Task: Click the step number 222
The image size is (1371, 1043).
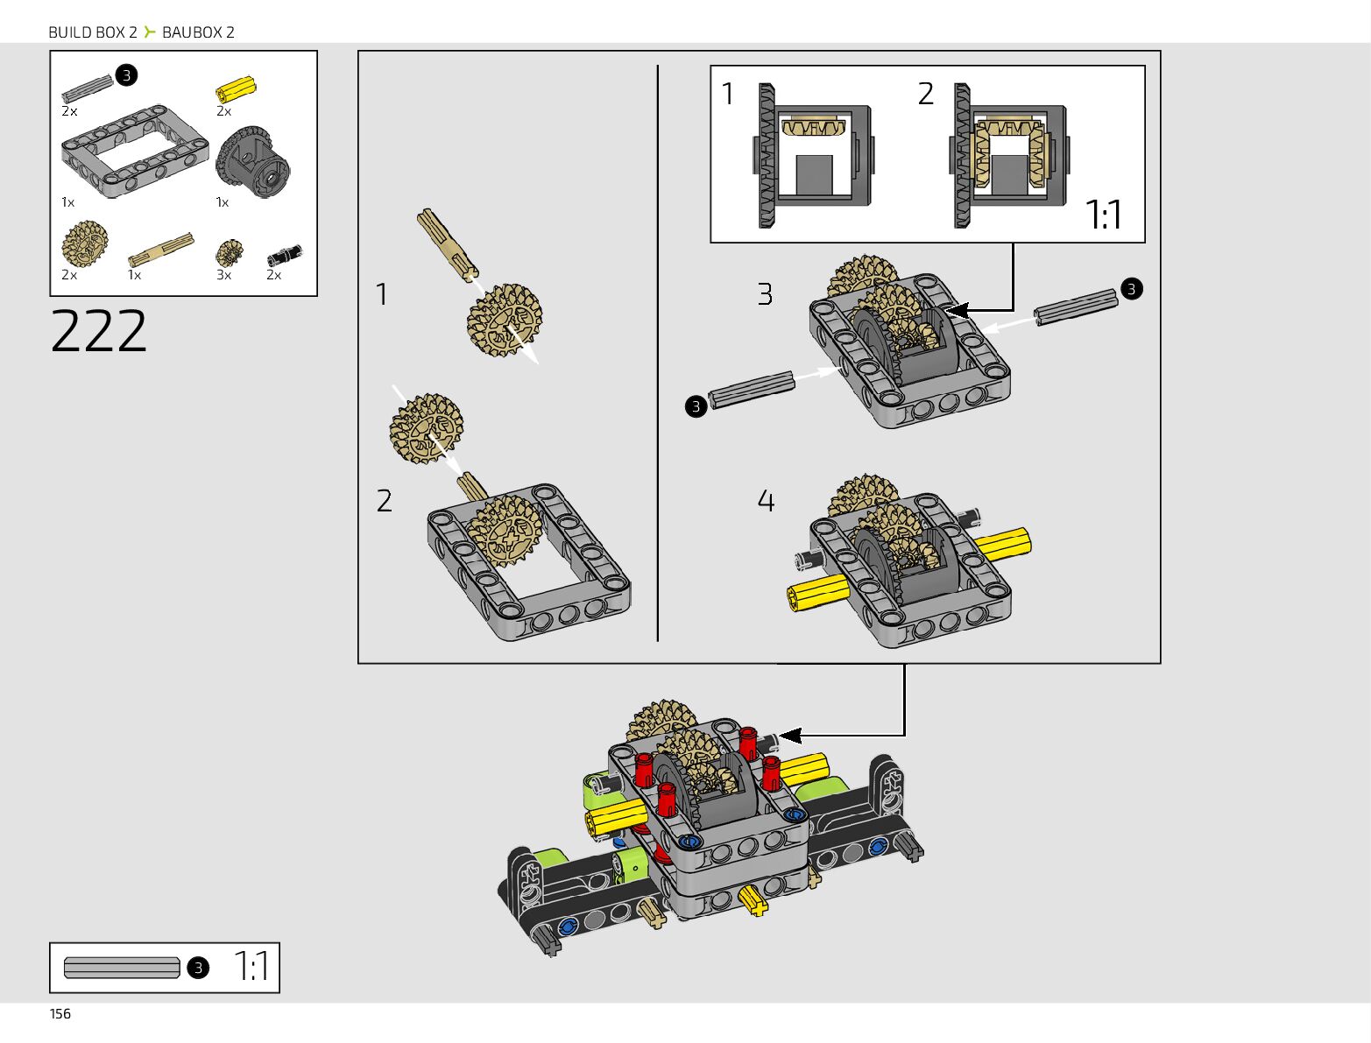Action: pos(99,331)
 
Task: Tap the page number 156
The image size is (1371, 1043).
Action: pos(60,1013)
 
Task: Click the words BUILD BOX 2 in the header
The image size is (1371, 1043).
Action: pos(93,32)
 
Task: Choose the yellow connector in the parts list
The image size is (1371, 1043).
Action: pos(236,89)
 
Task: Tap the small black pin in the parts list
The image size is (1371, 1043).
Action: pos(284,256)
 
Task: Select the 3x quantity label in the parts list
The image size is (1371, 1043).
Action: pos(224,275)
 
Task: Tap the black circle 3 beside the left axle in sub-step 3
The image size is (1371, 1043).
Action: pos(696,406)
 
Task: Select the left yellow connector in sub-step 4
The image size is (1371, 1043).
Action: pos(817,595)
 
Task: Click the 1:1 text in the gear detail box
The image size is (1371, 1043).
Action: pos(1103,215)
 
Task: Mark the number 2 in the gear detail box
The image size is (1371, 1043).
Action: pos(926,94)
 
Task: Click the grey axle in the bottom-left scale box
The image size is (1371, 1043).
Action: pos(122,968)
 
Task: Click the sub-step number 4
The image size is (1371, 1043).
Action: pos(766,501)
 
